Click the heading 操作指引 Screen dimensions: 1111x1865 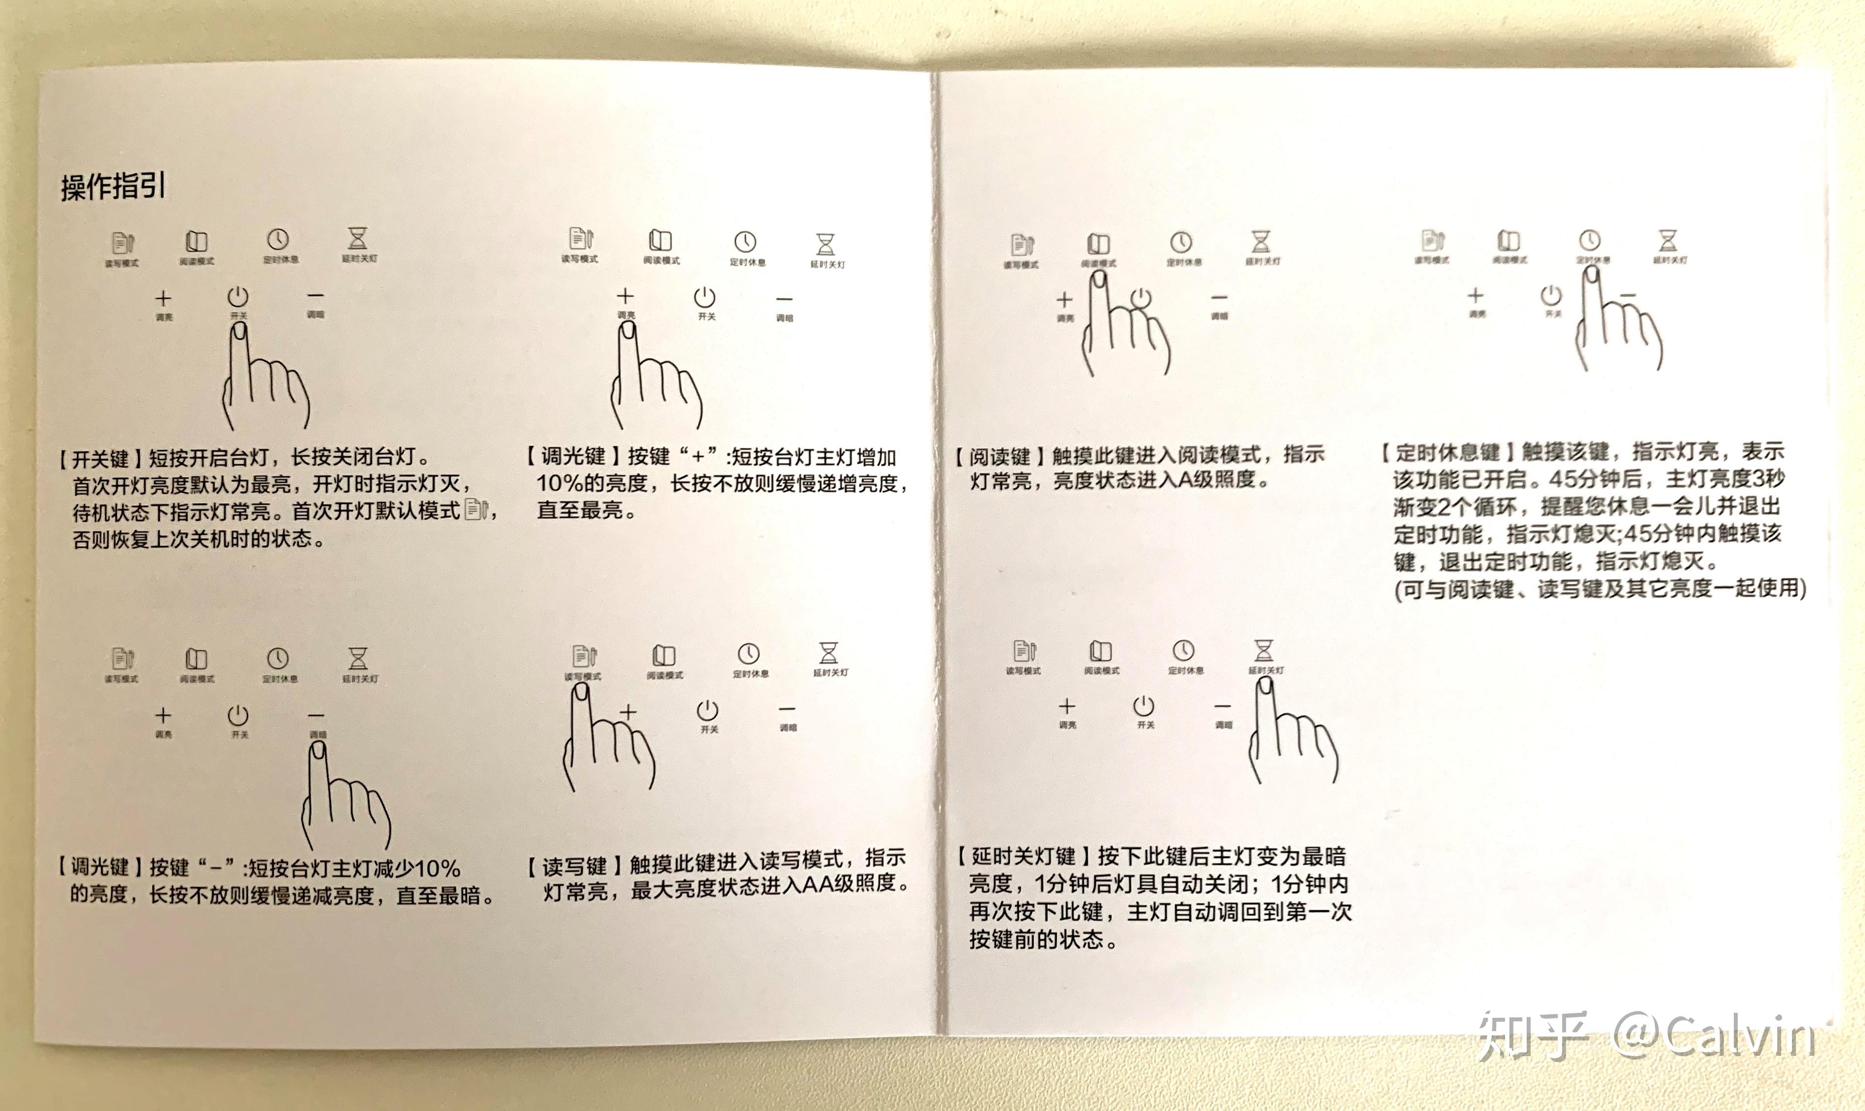pyautogui.click(x=113, y=186)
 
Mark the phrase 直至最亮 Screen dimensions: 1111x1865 pyautogui.click(x=585, y=510)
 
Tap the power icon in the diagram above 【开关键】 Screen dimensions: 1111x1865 pyautogui.click(x=238, y=296)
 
